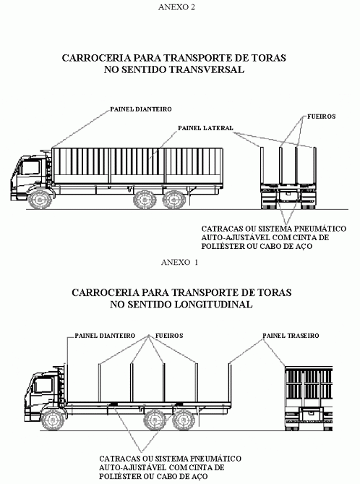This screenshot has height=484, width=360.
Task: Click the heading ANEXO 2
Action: [x=176, y=7]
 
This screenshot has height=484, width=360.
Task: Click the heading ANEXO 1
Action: [x=179, y=263]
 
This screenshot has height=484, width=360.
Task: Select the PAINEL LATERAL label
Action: [x=205, y=128]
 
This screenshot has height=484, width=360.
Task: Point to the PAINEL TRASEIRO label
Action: [x=291, y=336]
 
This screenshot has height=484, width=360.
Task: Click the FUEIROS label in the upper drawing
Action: [x=321, y=116]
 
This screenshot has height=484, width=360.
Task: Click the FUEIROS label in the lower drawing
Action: [x=169, y=336]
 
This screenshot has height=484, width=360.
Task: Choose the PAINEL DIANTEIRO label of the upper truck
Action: [x=141, y=109]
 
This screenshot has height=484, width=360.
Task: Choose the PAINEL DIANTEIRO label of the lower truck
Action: [x=105, y=336]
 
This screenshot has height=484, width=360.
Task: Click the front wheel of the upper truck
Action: [x=39, y=200]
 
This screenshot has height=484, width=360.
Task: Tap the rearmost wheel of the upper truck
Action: [x=173, y=200]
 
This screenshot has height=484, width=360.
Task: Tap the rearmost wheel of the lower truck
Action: [x=184, y=420]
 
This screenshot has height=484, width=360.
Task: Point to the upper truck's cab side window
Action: [x=30, y=168]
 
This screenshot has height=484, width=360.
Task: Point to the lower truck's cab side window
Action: [x=43, y=386]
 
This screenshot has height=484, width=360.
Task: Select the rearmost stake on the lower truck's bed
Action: [x=229, y=383]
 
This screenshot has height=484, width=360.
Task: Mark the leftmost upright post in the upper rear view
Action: [x=262, y=166]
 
